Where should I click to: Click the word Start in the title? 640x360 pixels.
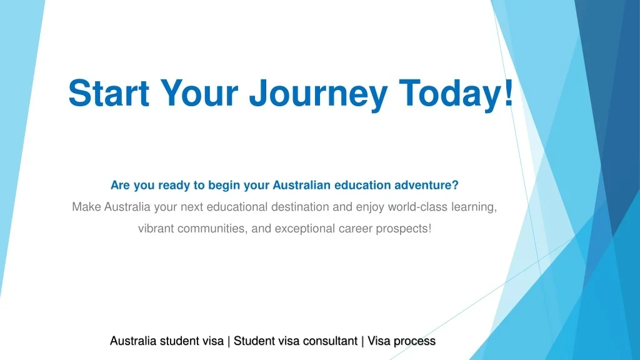109,93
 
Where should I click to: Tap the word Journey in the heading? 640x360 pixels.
318,96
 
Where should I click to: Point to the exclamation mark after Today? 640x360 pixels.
508,92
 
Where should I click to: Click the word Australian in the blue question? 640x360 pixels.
302,185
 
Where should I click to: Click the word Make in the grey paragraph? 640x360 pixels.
86,206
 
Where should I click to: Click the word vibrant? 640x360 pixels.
156,228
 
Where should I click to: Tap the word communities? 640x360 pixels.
212,229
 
